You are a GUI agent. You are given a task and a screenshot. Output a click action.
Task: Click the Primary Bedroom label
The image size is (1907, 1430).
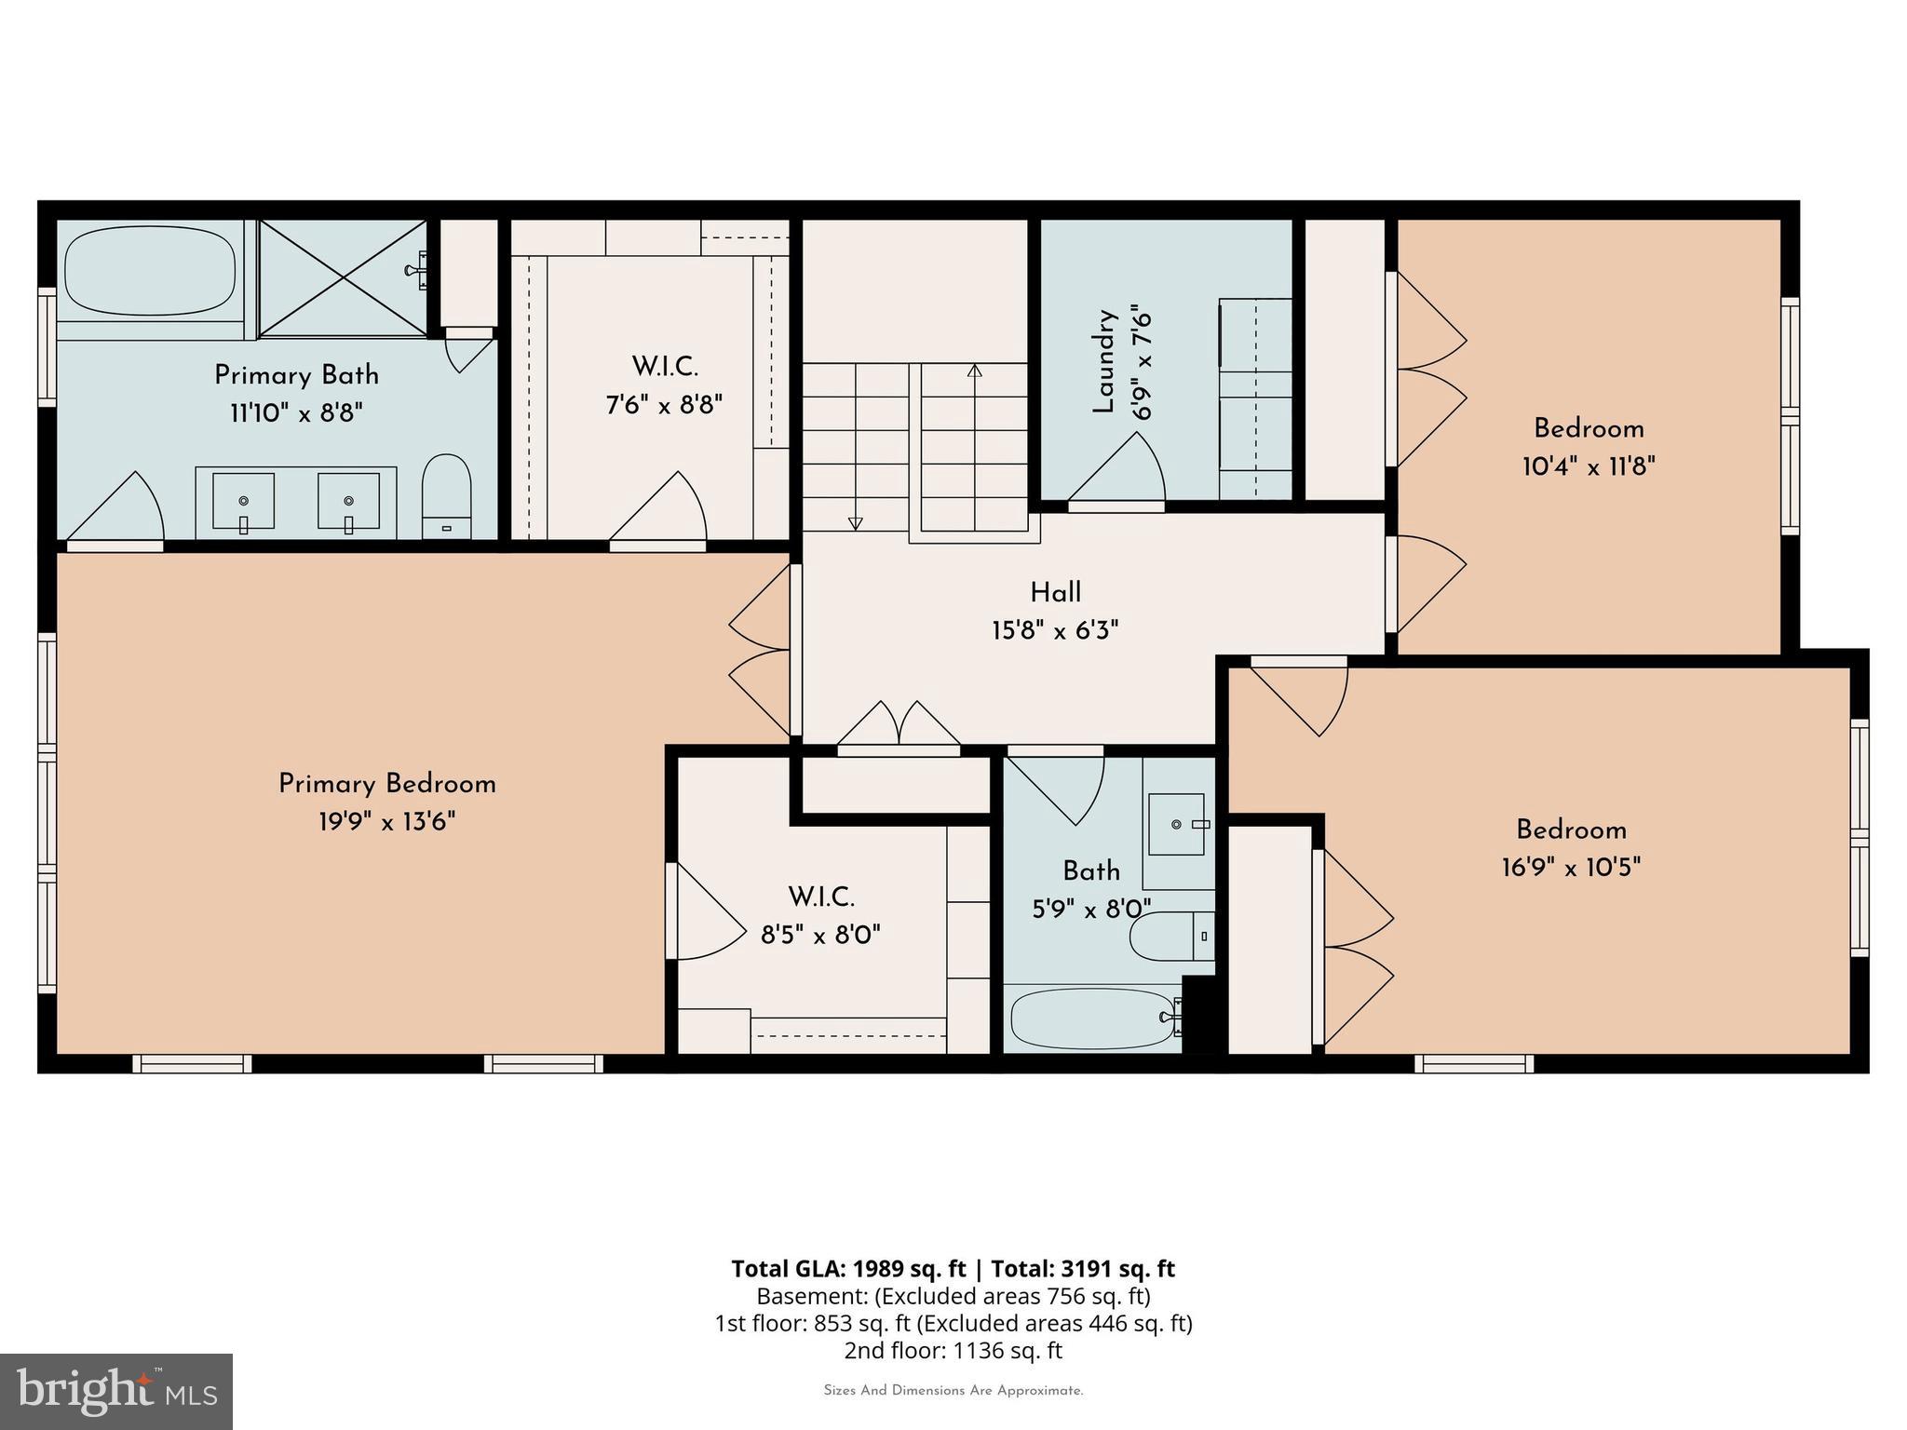(x=387, y=784)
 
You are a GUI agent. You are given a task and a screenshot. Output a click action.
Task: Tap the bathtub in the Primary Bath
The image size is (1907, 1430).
(x=150, y=272)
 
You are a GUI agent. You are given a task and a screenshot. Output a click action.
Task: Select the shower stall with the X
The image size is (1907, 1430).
(x=343, y=277)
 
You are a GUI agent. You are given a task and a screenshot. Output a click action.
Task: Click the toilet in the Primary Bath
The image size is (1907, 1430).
(x=446, y=493)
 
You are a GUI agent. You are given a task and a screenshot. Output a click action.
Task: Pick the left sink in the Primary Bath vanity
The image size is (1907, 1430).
(x=243, y=503)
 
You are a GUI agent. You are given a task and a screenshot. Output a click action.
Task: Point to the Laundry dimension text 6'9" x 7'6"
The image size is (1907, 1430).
(x=1143, y=366)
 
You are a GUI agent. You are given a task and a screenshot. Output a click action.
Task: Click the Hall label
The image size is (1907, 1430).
(x=1055, y=593)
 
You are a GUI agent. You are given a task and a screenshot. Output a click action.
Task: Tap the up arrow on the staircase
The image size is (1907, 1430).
(x=975, y=371)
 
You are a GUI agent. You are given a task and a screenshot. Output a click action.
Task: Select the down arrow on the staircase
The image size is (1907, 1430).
(x=856, y=523)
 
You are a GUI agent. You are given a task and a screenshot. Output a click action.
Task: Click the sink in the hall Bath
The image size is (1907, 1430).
(x=1177, y=824)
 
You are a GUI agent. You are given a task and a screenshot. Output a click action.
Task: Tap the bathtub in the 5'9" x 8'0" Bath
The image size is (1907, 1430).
(x=1089, y=1019)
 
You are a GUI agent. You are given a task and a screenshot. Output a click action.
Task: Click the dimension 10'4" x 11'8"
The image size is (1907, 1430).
(x=1589, y=466)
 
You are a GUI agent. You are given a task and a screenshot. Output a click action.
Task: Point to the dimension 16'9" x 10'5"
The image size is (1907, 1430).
(x=1571, y=868)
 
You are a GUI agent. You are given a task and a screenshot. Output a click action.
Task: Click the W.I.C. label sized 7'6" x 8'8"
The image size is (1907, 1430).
(x=665, y=367)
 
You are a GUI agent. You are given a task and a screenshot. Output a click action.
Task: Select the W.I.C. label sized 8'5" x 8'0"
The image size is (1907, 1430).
(x=821, y=897)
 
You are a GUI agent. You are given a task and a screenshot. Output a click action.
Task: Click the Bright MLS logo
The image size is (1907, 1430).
(x=115, y=1391)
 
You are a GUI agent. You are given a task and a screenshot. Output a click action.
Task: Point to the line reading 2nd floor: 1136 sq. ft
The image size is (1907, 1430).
(x=953, y=1350)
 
